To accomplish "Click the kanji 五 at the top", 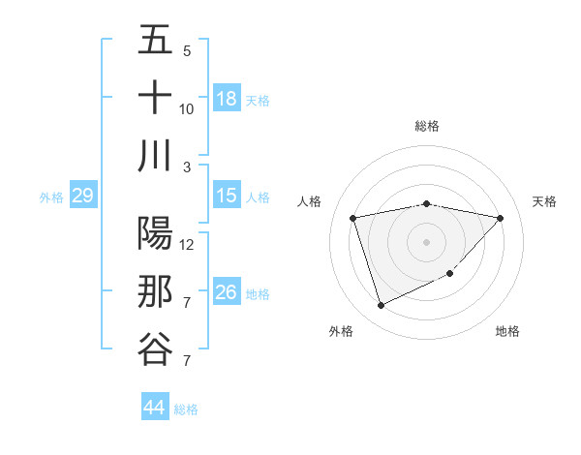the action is tap(155, 42).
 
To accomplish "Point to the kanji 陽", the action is tap(155, 234).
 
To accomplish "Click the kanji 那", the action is tap(155, 292).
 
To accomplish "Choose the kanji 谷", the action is tap(155, 349).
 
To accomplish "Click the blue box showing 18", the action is tap(227, 99).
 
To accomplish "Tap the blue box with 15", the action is tap(227, 197).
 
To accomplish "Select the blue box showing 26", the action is tap(227, 292).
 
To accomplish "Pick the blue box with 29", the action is tap(82, 197).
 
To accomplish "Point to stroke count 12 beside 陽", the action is tap(187, 244).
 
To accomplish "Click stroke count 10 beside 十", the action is tap(187, 108).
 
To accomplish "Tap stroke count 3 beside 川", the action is tap(187, 167).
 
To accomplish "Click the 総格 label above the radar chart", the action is tap(426, 126).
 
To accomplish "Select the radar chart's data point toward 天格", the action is tap(500, 218).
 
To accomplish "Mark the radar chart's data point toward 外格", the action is tap(381, 306).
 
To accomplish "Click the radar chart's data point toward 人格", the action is tap(353, 218).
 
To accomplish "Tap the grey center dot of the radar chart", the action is tap(426, 241).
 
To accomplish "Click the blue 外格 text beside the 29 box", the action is tap(51, 197).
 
